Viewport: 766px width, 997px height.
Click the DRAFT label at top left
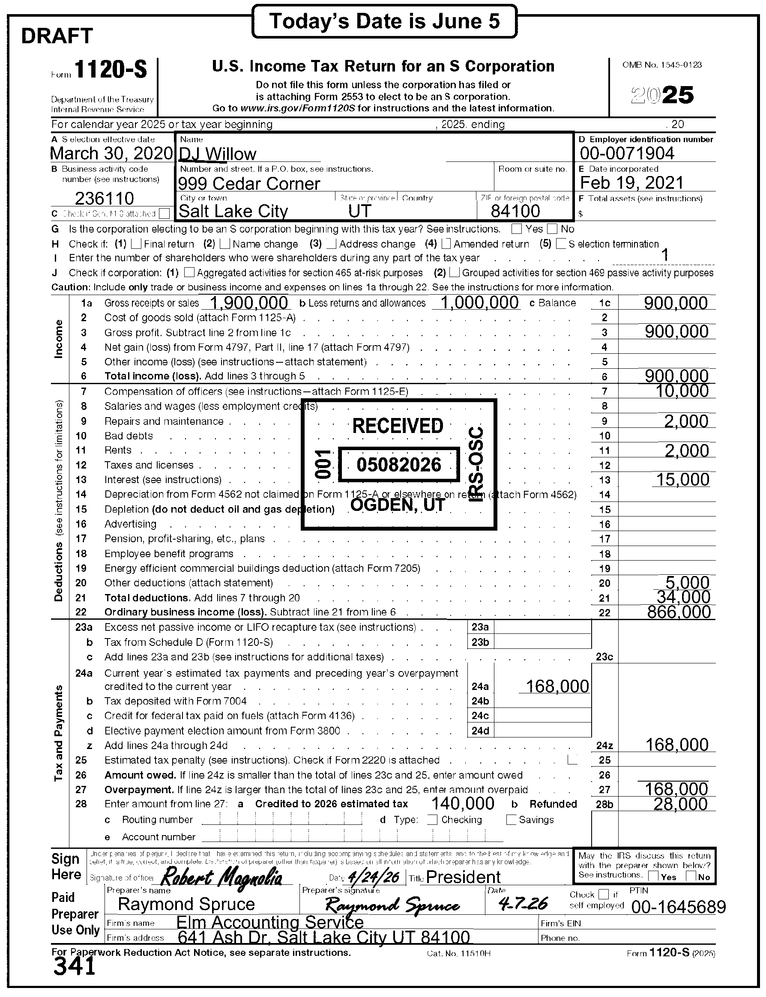[57, 36]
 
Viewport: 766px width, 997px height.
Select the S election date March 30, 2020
[111, 154]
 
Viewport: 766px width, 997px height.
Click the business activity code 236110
[105, 198]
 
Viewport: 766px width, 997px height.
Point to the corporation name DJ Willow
[218, 155]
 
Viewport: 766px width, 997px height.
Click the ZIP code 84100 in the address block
[515, 211]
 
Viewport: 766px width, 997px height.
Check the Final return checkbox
[136, 244]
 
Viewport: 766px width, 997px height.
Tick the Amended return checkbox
[446, 244]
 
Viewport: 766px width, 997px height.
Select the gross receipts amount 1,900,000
[248, 303]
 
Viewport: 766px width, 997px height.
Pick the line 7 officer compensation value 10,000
[682, 391]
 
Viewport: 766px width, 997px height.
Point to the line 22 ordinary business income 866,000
[679, 612]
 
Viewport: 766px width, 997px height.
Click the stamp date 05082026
[399, 465]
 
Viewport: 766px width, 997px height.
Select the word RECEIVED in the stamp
[398, 426]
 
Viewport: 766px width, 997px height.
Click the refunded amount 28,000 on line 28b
[680, 804]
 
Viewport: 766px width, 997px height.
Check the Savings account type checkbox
[512, 820]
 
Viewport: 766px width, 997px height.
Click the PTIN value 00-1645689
[678, 907]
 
